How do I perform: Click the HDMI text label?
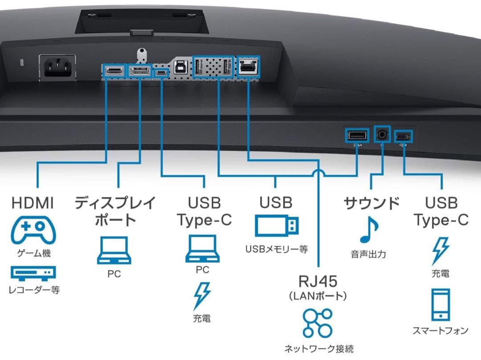[33, 203]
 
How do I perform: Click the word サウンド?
[371, 203]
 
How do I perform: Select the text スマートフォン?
[440, 331]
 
